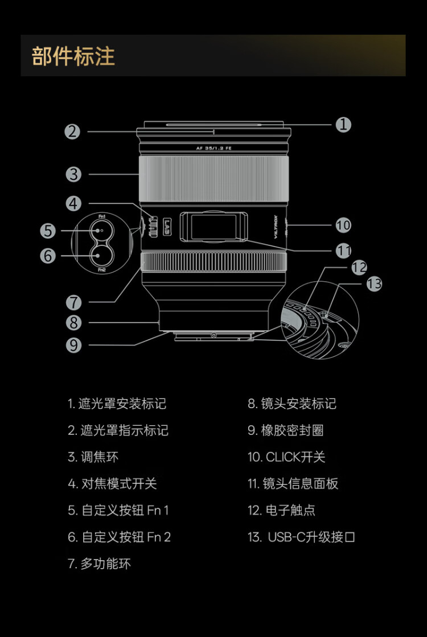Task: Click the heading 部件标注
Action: (x=73, y=56)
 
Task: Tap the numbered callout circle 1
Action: (x=343, y=124)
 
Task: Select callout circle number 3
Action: (x=73, y=174)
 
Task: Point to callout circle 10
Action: (x=343, y=225)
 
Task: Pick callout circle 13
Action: (x=374, y=283)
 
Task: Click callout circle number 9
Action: (x=73, y=345)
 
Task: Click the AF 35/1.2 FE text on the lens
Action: (x=213, y=148)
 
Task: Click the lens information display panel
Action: (x=213, y=227)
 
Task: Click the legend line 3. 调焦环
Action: (x=93, y=457)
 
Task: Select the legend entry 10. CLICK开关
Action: (x=286, y=457)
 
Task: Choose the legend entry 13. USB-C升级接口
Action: (x=301, y=537)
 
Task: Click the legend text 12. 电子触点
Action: (x=281, y=510)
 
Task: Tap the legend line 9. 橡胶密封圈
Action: (x=285, y=430)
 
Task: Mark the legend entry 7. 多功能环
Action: (x=99, y=564)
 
